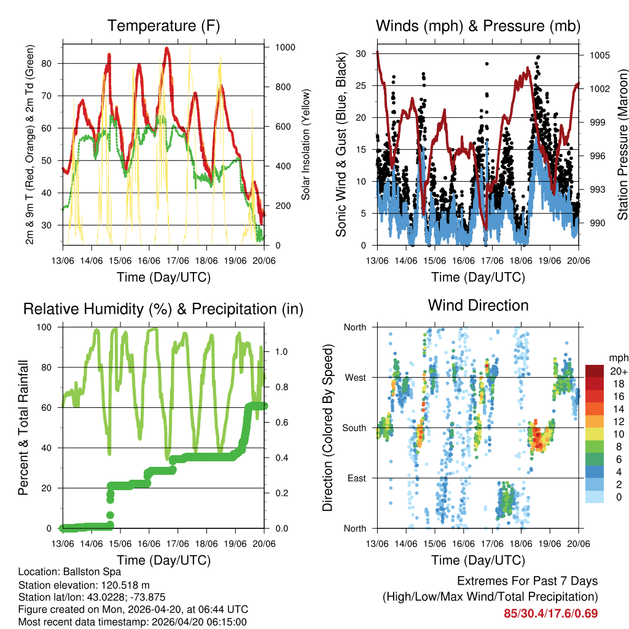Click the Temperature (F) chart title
click(x=163, y=26)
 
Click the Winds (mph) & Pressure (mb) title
click(x=478, y=26)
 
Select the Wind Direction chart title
click(x=478, y=305)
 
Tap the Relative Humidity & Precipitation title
click(x=163, y=309)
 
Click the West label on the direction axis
click(x=354, y=377)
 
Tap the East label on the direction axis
click(x=356, y=478)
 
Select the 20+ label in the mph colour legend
click(x=618, y=371)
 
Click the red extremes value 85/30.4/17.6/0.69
click(x=550, y=613)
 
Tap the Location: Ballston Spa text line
click(x=69, y=572)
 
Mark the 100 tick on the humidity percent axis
click(x=47, y=327)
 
